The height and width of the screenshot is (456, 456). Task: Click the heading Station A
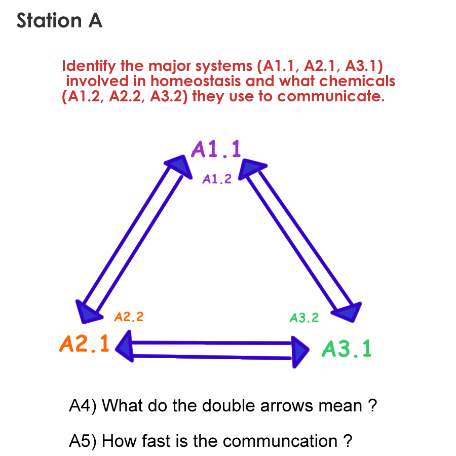(x=59, y=21)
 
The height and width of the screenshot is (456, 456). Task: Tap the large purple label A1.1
(x=216, y=149)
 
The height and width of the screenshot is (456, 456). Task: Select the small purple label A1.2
(x=217, y=179)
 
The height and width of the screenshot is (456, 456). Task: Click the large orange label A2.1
(x=84, y=344)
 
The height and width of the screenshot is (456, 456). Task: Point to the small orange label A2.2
(x=129, y=318)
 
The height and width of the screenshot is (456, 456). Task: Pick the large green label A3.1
(x=347, y=349)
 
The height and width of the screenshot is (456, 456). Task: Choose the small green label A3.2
(x=304, y=318)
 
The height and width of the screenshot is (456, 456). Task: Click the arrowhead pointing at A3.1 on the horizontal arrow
(x=301, y=349)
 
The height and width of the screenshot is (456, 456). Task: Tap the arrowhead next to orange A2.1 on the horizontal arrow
(x=125, y=347)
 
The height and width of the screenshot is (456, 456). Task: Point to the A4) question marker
(x=84, y=406)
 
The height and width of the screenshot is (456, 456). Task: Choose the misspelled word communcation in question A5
(x=280, y=441)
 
